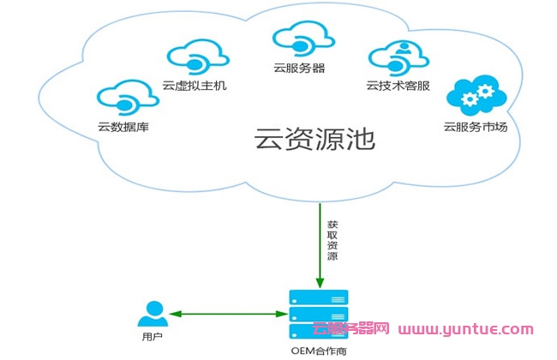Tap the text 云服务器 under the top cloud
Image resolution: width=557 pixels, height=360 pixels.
299,67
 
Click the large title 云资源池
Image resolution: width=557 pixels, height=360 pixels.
315,139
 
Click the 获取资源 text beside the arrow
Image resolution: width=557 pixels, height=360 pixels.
332,243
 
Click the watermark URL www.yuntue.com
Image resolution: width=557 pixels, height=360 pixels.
466,328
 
